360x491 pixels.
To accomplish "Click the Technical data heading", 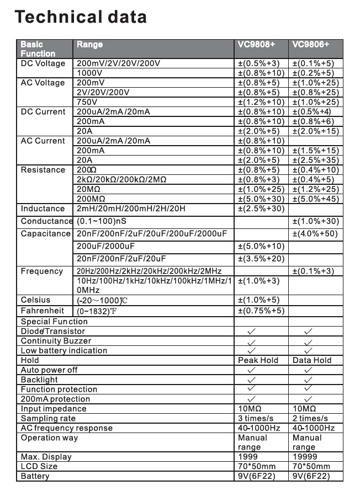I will [81, 17].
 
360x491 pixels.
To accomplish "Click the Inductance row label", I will [43, 209].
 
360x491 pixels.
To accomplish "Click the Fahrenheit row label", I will [42, 311].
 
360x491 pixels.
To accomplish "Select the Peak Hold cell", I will [258, 360].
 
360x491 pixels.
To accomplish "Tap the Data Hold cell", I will [312, 360].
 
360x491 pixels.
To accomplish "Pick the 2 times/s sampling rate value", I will [310, 419].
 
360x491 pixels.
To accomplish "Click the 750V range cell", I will [87, 102].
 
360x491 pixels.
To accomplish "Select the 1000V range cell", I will [89, 73].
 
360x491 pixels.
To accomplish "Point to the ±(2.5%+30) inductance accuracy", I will [261, 209].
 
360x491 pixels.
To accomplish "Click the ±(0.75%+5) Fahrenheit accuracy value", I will [261, 311].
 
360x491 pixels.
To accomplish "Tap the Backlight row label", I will [39, 380].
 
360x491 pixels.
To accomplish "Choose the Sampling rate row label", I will [47, 419].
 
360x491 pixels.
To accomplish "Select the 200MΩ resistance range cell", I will [91, 199].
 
